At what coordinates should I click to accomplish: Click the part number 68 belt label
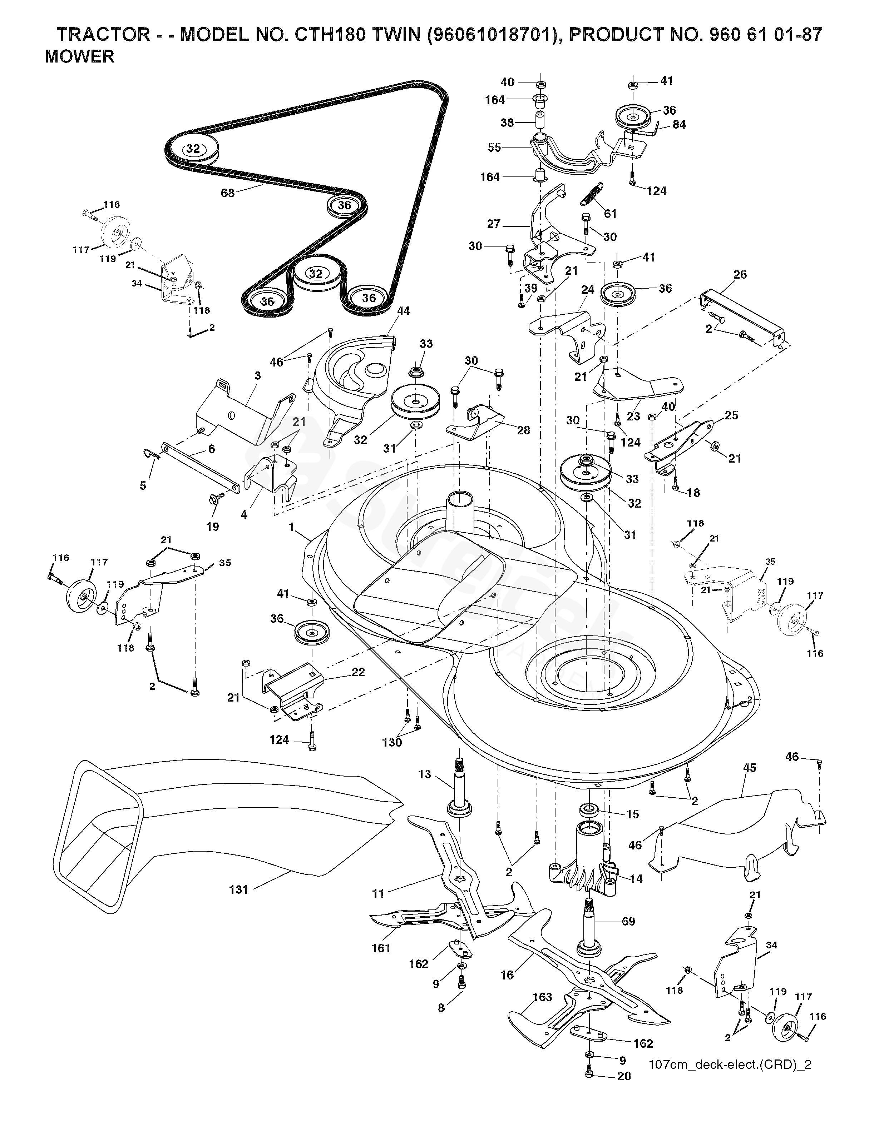pyautogui.click(x=227, y=193)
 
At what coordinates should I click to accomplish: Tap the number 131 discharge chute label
pyautogui.click(x=239, y=889)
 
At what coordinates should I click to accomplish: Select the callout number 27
pyautogui.click(x=494, y=224)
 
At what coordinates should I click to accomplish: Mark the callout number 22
pyautogui.click(x=358, y=672)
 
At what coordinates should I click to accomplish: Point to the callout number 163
pyautogui.click(x=542, y=1012)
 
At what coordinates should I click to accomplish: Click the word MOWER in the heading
pyautogui.click(x=80, y=56)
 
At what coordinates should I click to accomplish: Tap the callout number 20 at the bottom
pyautogui.click(x=624, y=1102)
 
